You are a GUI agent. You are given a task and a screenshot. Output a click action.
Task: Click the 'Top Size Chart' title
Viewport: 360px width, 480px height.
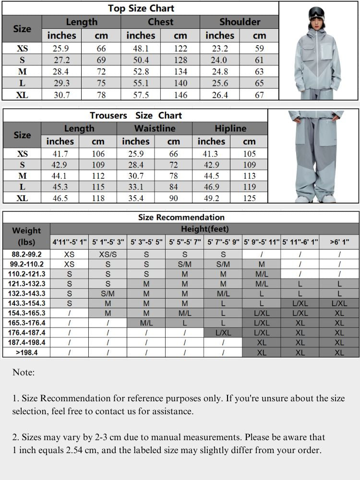coord(141,8)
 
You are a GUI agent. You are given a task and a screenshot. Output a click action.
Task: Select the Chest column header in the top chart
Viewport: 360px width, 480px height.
coord(160,22)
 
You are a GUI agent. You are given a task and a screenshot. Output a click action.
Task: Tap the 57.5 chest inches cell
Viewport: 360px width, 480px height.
coord(141,95)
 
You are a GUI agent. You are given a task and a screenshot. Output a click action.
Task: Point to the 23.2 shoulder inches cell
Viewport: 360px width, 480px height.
coord(220,48)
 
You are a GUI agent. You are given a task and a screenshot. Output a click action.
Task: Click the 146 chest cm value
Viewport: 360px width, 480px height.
coord(180,95)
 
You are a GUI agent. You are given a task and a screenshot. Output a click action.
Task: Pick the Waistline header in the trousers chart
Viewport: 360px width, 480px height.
coord(155,129)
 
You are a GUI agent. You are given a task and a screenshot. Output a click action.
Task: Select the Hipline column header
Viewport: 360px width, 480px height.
coord(230,129)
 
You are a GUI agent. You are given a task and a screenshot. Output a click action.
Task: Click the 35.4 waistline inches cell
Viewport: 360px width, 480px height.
coord(136,198)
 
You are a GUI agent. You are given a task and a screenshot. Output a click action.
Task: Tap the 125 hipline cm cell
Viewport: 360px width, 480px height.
coord(249,198)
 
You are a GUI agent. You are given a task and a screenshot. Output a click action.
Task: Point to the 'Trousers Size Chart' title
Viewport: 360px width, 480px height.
coord(136,115)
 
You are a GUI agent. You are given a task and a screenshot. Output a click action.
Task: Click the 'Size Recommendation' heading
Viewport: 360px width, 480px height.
coord(181,217)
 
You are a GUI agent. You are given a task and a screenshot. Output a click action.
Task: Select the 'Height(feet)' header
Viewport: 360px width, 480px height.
coord(204,229)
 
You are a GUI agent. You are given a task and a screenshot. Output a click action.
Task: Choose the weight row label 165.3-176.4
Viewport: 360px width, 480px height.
coord(27,323)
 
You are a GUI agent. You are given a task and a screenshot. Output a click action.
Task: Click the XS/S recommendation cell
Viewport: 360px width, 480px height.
coord(108,254)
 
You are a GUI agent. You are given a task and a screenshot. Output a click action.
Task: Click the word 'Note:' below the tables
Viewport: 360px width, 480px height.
coord(24,372)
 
